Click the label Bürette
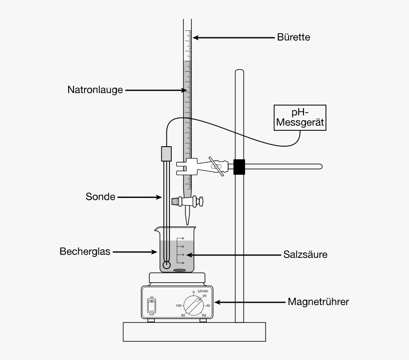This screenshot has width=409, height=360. [x=294, y=37]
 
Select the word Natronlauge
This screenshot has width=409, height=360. [x=95, y=90]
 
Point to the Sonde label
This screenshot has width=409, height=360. [x=100, y=197]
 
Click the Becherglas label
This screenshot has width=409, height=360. [x=85, y=252]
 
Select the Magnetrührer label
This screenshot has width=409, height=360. [x=319, y=301]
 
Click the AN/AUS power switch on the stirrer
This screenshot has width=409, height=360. [x=152, y=304]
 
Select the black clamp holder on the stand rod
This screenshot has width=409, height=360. [x=239, y=167]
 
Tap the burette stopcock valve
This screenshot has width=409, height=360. [x=187, y=201]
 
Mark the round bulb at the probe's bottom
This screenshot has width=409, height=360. [x=166, y=265]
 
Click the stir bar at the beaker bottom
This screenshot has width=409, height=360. [x=180, y=270]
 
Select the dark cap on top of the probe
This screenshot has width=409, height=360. [x=166, y=153]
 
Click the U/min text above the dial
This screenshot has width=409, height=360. [x=203, y=291]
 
